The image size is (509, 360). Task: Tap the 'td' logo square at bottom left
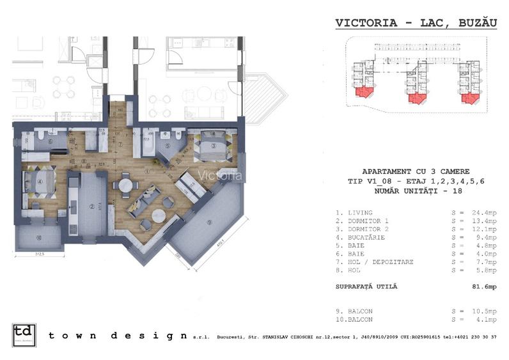tap(24, 336)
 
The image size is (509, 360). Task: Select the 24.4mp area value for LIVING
tap(483, 212)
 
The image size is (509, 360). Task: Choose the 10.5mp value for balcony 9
tap(483, 311)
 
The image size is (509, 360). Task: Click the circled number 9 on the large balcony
tap(209, 222)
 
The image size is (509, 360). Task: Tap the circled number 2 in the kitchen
tap(92, 206)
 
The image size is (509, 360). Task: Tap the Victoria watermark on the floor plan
tap(219, 175)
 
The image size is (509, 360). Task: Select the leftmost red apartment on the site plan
tap(362, 97)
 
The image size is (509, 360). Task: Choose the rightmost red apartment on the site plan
tap(469, 97)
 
